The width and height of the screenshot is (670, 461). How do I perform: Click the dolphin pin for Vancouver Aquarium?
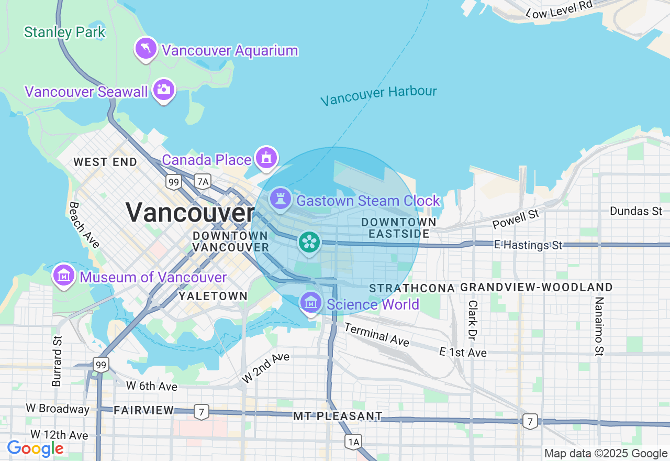(x=146, y=49)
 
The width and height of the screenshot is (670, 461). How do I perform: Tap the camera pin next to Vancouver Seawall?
(x=164, y=90)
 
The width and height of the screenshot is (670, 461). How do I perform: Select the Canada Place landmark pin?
(x=266, y=158)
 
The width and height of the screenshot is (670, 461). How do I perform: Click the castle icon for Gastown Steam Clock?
(x=281, y=199)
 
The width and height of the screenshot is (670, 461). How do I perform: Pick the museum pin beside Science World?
(x=311, y=303)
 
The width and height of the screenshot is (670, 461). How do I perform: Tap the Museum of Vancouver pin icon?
(x=64, y=275)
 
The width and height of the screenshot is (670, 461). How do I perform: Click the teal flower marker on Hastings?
(x=309, y=242)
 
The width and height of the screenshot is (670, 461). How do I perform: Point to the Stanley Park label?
(x=64, y=32)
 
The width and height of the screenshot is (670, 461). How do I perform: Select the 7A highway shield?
(x=202, y=181)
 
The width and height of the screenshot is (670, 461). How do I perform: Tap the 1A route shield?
(x=353, y=442)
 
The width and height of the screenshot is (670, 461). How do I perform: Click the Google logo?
(x=35, y=448)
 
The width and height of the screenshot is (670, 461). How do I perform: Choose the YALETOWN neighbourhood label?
(x=213, y=296)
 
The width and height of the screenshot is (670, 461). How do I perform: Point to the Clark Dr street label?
(x=473, y=319)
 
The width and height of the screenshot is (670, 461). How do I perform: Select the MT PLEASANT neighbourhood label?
(x=338, y=416)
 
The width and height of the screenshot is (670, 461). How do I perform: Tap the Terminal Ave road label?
(x=376, y=334)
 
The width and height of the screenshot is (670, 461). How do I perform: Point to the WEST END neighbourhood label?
(x=105, y=162)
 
